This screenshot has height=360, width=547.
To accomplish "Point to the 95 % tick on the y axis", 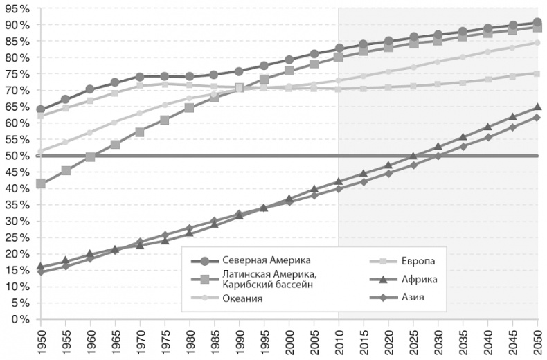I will pos(17,8).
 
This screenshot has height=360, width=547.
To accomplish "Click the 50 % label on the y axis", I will pos(17,155).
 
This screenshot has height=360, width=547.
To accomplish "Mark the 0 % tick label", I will pos(19,319).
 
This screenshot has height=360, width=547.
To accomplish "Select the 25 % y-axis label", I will pos(17,237).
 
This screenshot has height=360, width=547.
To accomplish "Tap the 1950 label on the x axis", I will pos(40,341).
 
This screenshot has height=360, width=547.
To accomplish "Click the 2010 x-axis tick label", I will pos(339,341).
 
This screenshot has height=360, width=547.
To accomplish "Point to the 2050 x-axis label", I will pos(537,341).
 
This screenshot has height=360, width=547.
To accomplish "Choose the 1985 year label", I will pos(214,341).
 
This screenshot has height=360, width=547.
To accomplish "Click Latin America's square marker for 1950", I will pos(40,183).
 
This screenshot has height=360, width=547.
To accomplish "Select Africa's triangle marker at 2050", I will pos(537,107).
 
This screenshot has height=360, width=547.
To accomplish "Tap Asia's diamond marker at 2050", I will pos(537,117).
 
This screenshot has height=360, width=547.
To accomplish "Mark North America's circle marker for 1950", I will pos(40,109).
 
